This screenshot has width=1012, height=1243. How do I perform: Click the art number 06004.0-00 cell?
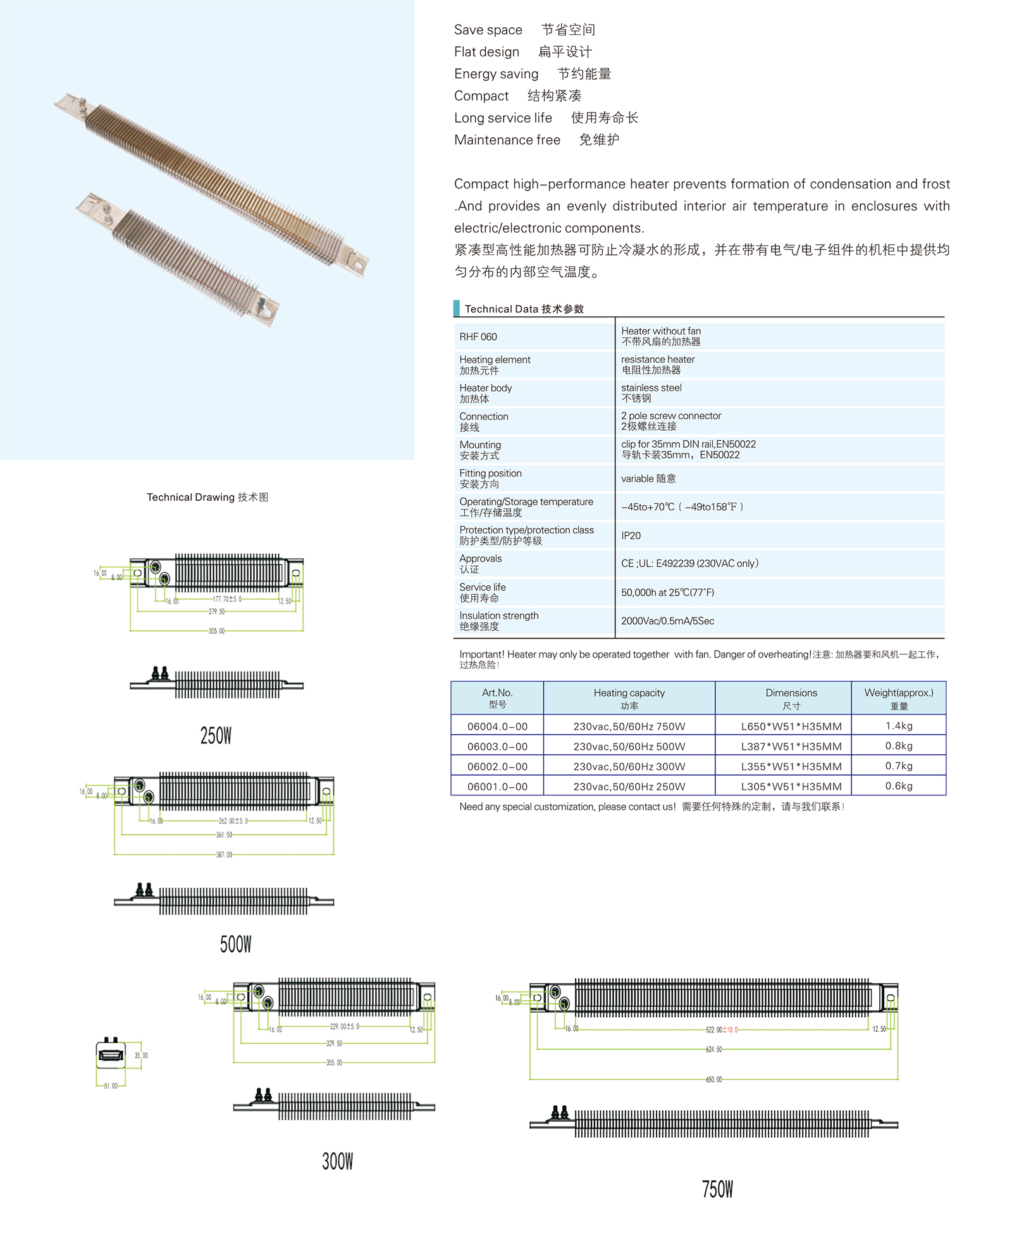pyautogui.click(x=497, y=726)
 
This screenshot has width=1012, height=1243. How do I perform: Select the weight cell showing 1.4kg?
pyautogui.click(x=898, y=726)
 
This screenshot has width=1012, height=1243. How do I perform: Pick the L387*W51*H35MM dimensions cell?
pyautogui.click(x=791, y=747)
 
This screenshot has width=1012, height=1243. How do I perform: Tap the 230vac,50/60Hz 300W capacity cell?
pyautogui.click(x=629, y=766)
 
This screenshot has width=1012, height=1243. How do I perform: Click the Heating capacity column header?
pyautogui.click(x=629, y=699)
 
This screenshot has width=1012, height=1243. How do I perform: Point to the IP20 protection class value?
pyautogui.click(x=631, y=536)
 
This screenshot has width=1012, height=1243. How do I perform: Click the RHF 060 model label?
pyautogui.click(x=478, y=337)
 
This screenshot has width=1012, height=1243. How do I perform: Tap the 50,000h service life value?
pyautogui.click(x=667, y=592)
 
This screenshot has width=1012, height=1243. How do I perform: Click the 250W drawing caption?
pyautogui.click(x=216, y=735)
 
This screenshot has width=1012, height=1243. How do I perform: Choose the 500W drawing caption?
pyautogui.click(x=235, y=944)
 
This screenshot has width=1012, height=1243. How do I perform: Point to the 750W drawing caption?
pyautogui.click(x=717, y=1189)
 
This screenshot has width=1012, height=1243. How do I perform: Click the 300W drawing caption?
pyautogui.click(x=337, y=1161)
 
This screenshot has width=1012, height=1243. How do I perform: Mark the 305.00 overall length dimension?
pyautogui.click(x=216, y=631)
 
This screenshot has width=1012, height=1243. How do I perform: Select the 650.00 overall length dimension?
pyautogui.click(x=713, y=1079)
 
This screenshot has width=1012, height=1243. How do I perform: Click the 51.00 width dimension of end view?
pyautogui.click(x=111, y=1086)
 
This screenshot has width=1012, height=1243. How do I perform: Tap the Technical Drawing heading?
pyautogui.click(x=207, y=498)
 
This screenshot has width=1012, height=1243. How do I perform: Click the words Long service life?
pyautogui.click(x=503, y=118)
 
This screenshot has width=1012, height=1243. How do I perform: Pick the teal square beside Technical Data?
pyautogui.click(x=457, y=309)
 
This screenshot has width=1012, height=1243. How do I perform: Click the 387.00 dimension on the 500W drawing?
pyautogui.click(x=224, y=855)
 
